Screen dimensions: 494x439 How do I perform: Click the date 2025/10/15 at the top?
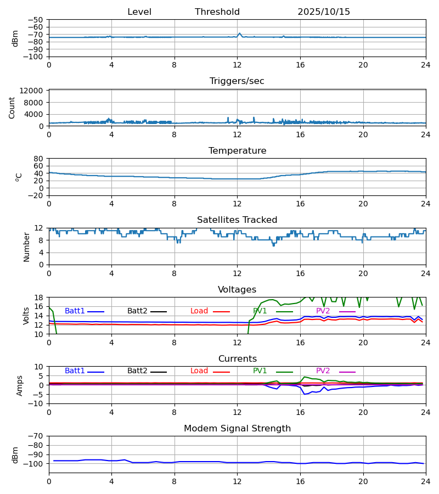pyautogui.click(x=324, y=12)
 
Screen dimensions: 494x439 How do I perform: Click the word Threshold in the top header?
pyautogui.click(x=217, y=12)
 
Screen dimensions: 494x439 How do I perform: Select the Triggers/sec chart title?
pyautogui.click(x=237, y=81)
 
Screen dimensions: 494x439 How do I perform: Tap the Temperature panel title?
pyautogui.click(x=237, y=151)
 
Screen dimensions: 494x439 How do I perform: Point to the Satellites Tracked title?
pyautogui.click(x=237, y=220)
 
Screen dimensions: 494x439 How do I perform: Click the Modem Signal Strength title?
pyautogui.click(x=237, y=429)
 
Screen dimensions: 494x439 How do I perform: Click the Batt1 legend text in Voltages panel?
pyautogui.click(x=75, y=311)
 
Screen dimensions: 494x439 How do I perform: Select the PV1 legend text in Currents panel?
pyautogui.click(x=260, y=371)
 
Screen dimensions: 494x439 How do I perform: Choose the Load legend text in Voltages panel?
pyautogui.click(x=199, y=311)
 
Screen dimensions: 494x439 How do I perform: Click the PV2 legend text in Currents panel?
pyautogui.click(x=323, y=371)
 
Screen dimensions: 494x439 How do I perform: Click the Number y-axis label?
pyautogui.click(x=27, y=246)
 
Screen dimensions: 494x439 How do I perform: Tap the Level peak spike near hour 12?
pyautogui.click(x=239, y=33)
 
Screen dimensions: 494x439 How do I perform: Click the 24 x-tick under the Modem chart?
pyautogui.click(x=426, y=481)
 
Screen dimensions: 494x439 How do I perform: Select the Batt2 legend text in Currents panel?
pyautogui.click(x=137, y=371)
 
